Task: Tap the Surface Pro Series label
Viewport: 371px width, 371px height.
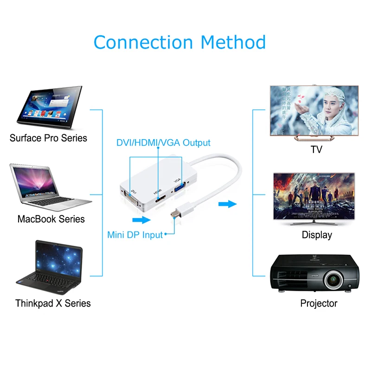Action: (48, 138)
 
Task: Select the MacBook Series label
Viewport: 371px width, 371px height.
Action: (51, 219)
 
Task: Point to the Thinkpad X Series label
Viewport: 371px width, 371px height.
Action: (53, 303)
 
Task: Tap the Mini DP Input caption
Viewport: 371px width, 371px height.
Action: (135, 235)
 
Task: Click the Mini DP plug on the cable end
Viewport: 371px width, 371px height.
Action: (173, 215)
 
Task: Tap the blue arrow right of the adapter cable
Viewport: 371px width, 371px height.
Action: (228, 204)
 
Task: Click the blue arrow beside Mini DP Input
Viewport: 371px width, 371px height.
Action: (142, 220)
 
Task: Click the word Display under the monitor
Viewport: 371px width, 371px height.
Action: (317, 235)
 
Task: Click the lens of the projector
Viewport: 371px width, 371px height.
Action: (333, 280)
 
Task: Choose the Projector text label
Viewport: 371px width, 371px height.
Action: (319, 303)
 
